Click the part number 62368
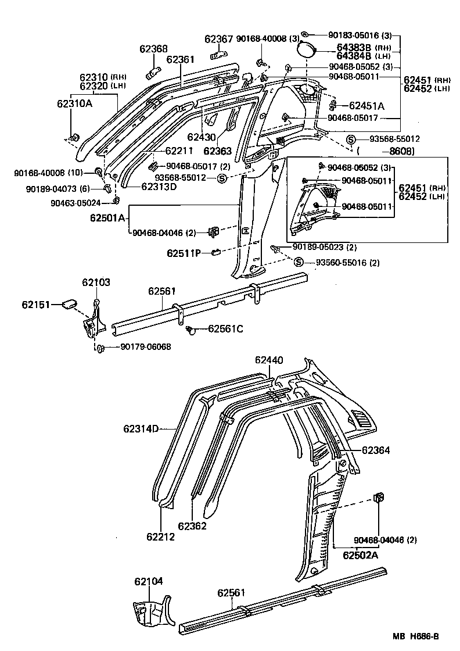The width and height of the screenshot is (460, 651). click(153, 49)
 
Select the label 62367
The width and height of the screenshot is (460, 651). click(218, 40)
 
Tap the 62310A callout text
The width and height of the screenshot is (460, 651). click(74, 103)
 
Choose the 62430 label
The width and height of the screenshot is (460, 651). click(201, 138)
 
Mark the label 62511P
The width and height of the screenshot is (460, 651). click(184, 253)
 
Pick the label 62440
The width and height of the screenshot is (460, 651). click(269, 360)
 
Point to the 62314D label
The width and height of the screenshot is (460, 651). click(141, 429)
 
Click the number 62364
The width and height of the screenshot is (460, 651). click(376, 450)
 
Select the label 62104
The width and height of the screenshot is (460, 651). click(148, 581)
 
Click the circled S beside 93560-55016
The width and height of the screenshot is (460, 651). click(299, 263)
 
